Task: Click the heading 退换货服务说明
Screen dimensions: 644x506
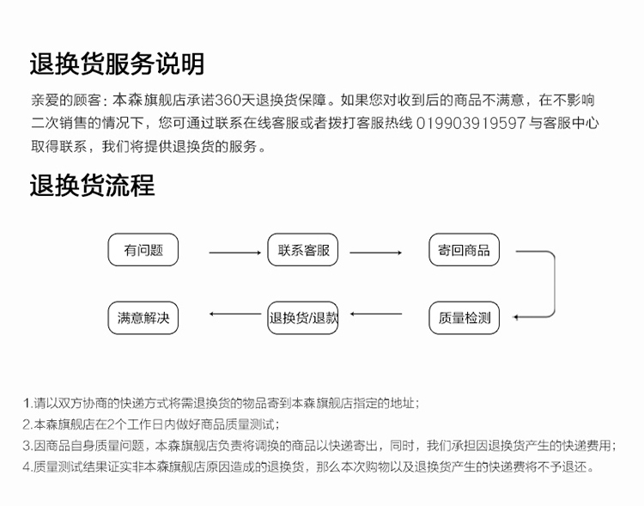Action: pyautogui.click(x=117, y=64)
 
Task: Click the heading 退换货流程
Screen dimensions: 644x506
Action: pyautogui.click(x=93, y=185)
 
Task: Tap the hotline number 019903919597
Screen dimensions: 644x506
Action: pyautogui.click(x=471, y=123)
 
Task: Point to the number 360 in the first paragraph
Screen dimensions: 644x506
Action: pyautogui.click(x=228, y=100)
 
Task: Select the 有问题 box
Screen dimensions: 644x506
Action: pyautogui.click(x=143, y=249)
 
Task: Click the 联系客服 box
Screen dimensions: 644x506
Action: pyautogui.click(x=303, y=249)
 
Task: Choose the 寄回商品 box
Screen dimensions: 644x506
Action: pyautogui.click(x=464, y=249)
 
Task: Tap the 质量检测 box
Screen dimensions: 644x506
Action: pyautogui.click(x=464, y=318)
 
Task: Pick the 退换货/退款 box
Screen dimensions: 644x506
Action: pyautogui.click(x=303, y=318)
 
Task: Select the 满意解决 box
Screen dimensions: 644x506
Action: pyautogui.click(x=143, y=318)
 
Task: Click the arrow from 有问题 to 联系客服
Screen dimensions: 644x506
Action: pyautogui.click(x=235, y=253)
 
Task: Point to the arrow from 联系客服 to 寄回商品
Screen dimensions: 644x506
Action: pyautogui.click(x=375, y=253)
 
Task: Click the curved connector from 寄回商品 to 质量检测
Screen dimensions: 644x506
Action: pyautogui.click(x=555, y=283)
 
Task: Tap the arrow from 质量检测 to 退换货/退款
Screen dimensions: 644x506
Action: pyautogui.click(x=376, y=314)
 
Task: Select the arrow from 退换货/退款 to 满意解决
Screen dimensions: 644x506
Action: pyautogui.click(x=235, y=314)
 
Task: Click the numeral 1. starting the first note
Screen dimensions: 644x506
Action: pyautogui.click(x=27, y=403)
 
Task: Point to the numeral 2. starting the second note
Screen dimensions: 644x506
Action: pyautogui.click(x=27, y=424)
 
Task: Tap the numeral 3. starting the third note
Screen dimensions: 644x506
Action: pyautogui.click(x=27, y=445)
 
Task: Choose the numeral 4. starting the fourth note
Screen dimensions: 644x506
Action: pyautogui.click(x=27, y=466)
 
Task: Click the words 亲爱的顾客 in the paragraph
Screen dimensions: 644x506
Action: pyautogui.click(x=66, y=100)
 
